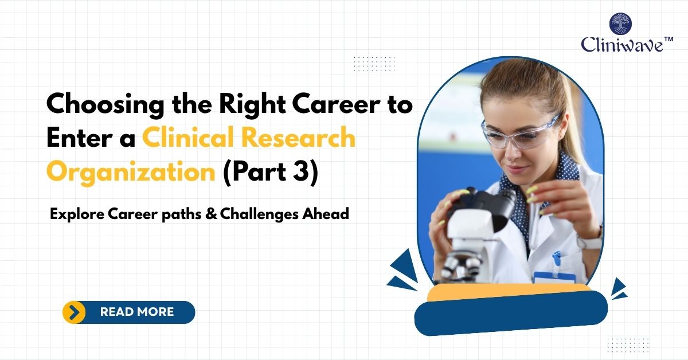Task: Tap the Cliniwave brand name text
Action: [622, 45]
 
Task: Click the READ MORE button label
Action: [136, 312]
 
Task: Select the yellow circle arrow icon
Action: [74, 312]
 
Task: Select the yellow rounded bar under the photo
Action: [510, 291]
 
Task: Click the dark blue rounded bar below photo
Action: [510, 314]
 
